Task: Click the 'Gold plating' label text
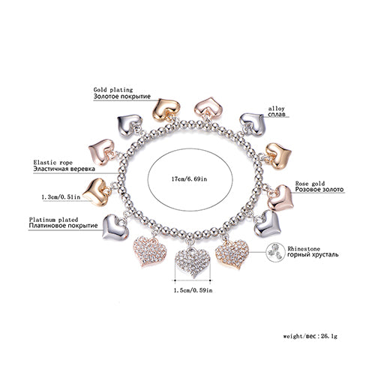[113, 90]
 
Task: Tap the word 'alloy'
[276, 109]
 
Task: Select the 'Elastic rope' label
[53, 163]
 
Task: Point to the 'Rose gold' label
[310, 184]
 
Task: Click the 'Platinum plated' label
[53, 220]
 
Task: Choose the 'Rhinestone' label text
[304, 249]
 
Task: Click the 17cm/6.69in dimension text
[190, 179]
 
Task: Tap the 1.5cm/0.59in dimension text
[193, 290]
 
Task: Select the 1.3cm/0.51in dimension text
[61, 197]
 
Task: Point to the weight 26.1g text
[310, 336]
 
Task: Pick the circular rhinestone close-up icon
[275, 253]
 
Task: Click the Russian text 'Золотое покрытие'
[122, 97]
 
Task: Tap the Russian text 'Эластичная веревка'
[64, 169]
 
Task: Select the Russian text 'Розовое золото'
[319, 190]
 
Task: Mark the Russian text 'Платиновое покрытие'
[63, 226]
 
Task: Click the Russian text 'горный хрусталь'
[313, 255]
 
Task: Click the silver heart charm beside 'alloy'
[253, 124]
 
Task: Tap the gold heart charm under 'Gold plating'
[166, 110]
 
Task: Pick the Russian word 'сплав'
[277, 115]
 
